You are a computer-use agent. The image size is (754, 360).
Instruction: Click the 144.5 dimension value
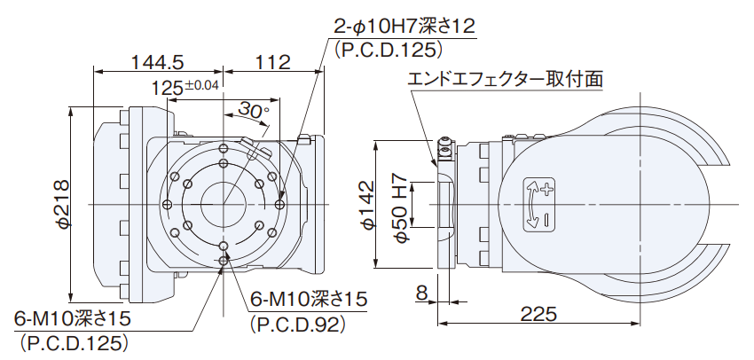[x=158, y=62]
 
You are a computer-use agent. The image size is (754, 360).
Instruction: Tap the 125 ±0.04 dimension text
[x=185, y=88]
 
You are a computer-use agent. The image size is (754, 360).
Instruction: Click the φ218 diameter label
[x=62, y=203]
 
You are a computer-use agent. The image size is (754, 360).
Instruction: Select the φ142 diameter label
[x=365, y=204]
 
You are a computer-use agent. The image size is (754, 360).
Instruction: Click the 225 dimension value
[x=538, y=314]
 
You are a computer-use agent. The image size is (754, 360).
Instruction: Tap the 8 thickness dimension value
[x=421, y=293]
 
